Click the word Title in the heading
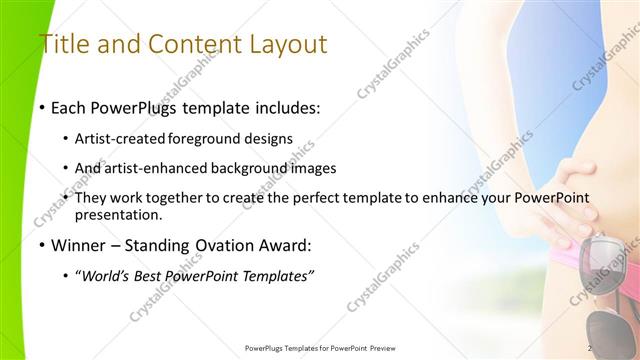tap(62, 45)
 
